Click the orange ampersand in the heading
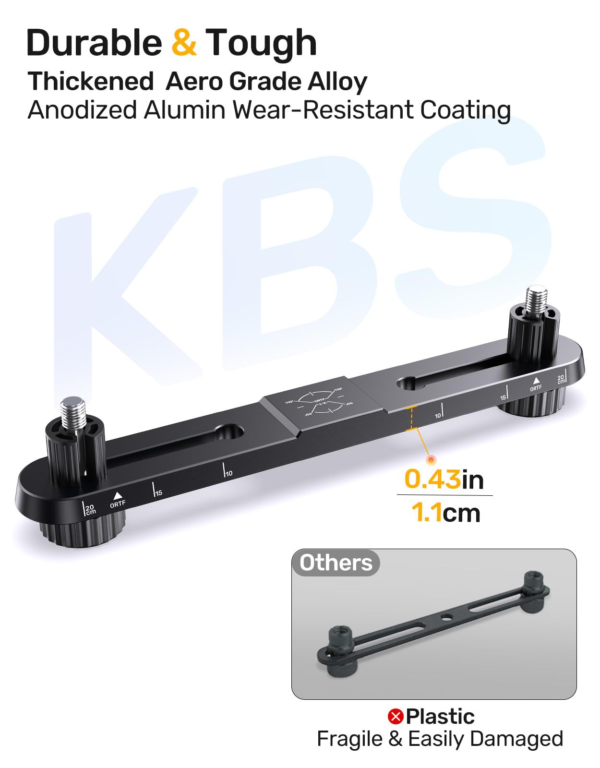pyautogui.click(x=184, y=43)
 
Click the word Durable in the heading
pyautogui.click(x=94, y=43)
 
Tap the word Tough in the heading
pyautogui.click(x=261, y=43)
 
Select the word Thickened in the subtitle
pyautogui.click(x=90, y=81)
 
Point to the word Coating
pyautogui.click(x=465, y=110)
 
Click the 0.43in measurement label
pyautogui.click(x=444, y=479)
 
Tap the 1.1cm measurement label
pyautogui.click(x=445, y=513)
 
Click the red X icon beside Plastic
pyautogui.click(x=396, y=717)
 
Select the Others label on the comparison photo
pyautogui.click(x=336, y=563)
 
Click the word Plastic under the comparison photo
pyautogui.click(x=440, y=717)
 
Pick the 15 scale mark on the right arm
pyautogui.click(x=504, y=395)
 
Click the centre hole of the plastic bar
pyautogui.click(x=446, y=617)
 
